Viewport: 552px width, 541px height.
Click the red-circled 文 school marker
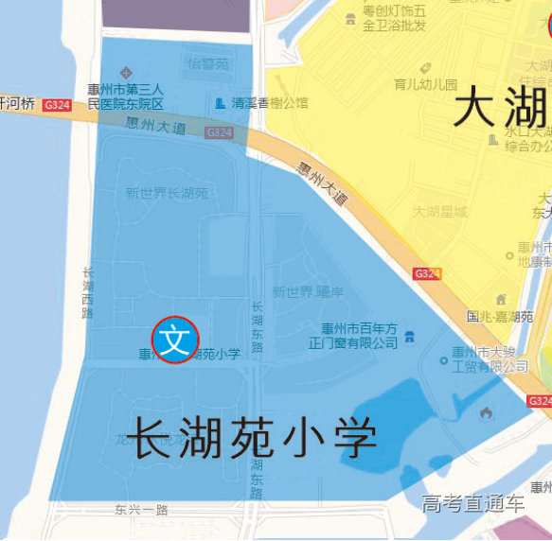[x=175, y=339]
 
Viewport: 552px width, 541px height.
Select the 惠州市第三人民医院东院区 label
[x=126, y=96]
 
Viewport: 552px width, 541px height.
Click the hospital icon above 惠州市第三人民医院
[x=125, y=73]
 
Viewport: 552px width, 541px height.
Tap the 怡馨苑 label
[x=208, y=64]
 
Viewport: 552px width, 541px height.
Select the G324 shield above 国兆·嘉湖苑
[x=426, y=274]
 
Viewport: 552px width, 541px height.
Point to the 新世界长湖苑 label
[x=167, y=193]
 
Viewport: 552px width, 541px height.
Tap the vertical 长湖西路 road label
[x=88, y=291]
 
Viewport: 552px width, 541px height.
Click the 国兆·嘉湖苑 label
[x=501, y=317]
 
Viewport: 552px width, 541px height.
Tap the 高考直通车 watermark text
[x=473, y=503]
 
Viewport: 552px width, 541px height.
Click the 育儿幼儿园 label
[x=425, y=85]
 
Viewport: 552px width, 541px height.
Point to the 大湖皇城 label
[x=440, y=212]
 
